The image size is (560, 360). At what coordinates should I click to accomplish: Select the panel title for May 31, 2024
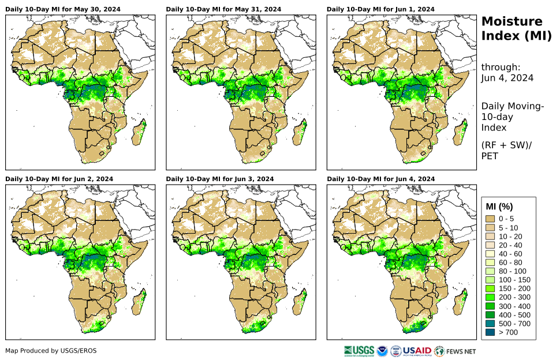point(223,10)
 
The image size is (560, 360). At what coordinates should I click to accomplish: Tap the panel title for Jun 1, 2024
point(380,10)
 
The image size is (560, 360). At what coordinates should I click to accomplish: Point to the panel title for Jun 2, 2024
point(59,179)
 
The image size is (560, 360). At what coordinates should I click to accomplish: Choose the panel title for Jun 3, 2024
point(220,179)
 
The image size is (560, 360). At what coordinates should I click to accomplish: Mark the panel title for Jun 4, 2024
point(380,179)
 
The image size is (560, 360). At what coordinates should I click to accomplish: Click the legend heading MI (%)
point(499,207)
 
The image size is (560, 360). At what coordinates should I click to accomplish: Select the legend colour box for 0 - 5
point(491,219)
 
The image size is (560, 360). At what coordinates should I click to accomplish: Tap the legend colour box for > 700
point(491,332)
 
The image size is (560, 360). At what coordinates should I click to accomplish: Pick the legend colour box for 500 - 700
point(491,324)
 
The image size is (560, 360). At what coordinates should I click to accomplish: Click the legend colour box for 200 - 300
point(491,297)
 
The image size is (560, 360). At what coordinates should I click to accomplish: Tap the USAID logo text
point(416,350)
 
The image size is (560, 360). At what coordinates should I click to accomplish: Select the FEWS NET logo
point(456,350)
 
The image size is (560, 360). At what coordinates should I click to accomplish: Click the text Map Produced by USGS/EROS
point(51,351)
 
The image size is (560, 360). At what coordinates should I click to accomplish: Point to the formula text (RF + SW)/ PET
point(506,150)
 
